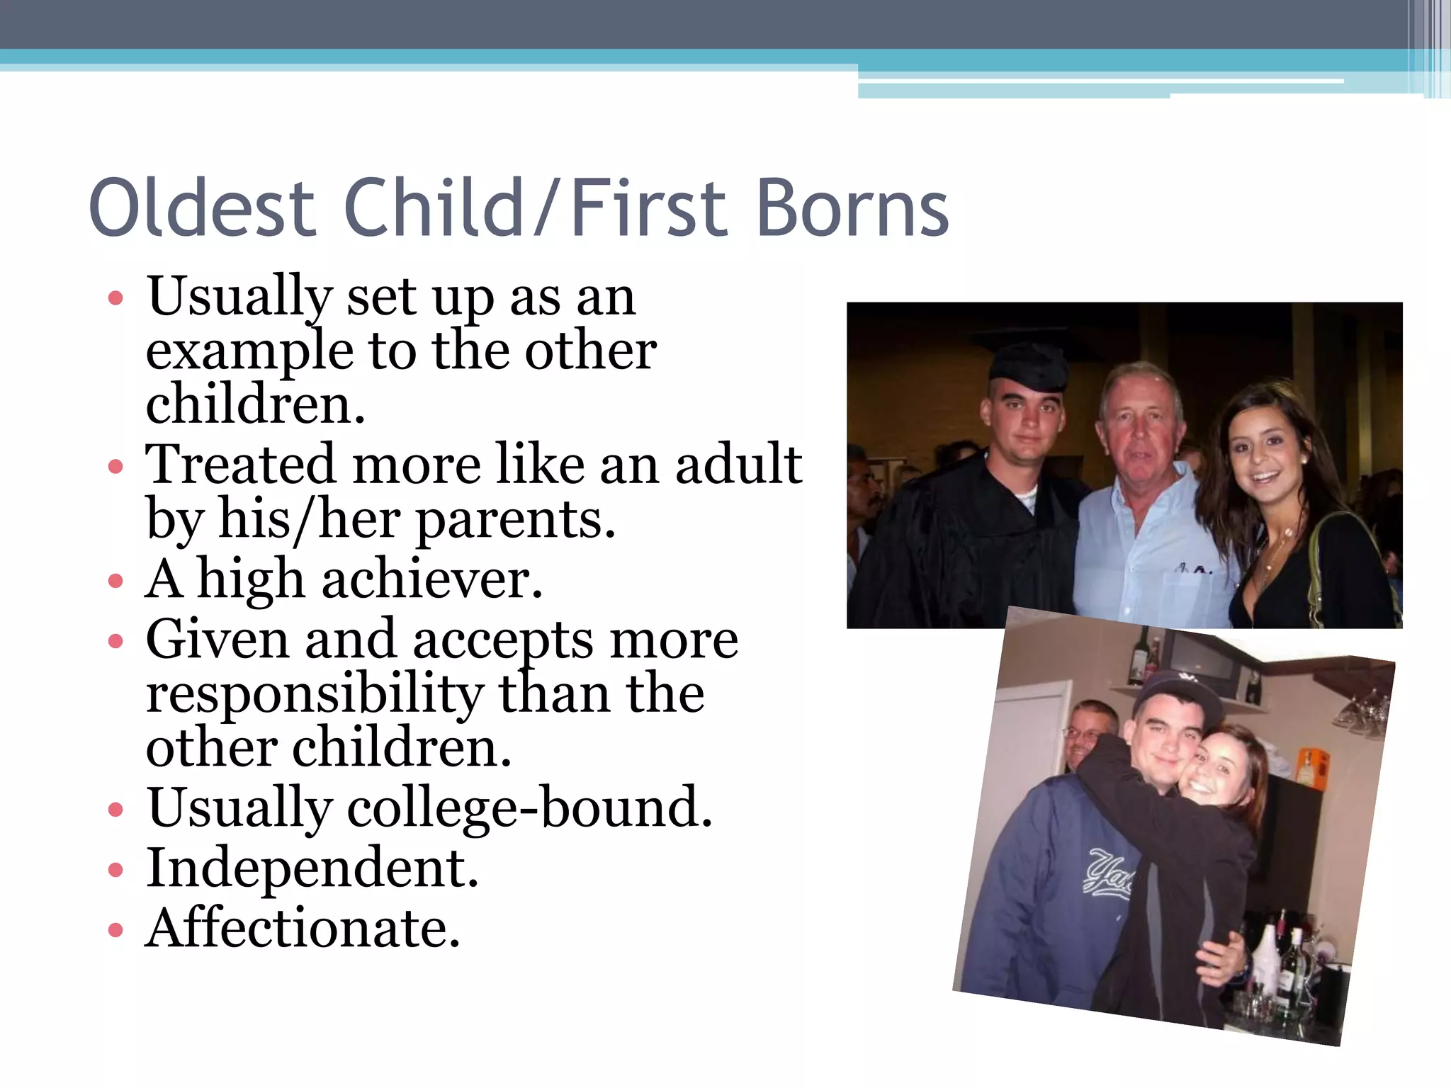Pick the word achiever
point(431,579)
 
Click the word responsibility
point(315,694)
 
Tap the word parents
point(515,520)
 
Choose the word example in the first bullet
point(249,351)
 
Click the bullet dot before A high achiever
point(115,582)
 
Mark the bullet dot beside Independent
point(115,870)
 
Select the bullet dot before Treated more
point(115,467)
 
